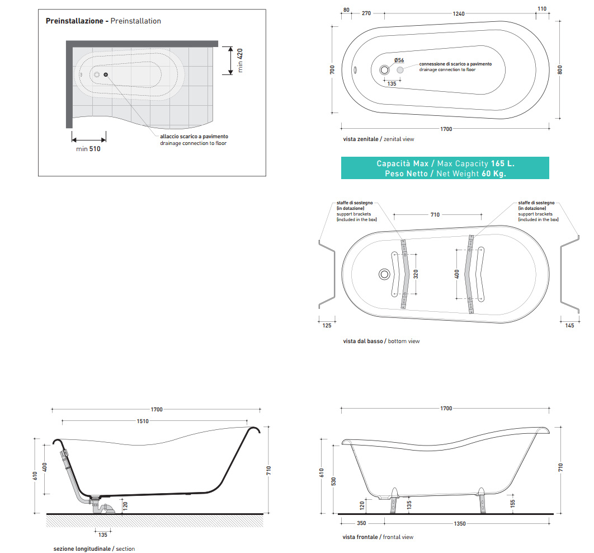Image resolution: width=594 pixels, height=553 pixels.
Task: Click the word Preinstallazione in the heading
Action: pos(74,21)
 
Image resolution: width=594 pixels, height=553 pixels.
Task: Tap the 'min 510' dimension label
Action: pos(88,149)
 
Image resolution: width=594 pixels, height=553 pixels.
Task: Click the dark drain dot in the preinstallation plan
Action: pos(106,74)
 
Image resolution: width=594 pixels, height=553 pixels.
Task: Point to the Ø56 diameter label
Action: pos(399,60)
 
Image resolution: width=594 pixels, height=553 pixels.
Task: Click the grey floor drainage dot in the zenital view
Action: pos(400,70)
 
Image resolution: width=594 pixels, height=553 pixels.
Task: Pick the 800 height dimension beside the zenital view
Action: pos(560,70)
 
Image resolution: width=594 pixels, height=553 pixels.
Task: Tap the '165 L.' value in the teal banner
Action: pos(502,163)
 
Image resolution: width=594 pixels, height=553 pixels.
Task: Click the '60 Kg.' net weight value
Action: pos(494,174)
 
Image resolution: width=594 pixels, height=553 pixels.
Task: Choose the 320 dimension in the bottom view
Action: pos(416,274)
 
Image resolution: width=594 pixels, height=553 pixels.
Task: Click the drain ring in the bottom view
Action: pos(384,274)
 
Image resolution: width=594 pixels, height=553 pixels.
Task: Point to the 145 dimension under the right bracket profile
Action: pos(569,325)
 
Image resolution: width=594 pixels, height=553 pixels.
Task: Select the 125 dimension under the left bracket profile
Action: pos(327,325)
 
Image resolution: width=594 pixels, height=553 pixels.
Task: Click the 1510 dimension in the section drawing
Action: pos(144,421)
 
